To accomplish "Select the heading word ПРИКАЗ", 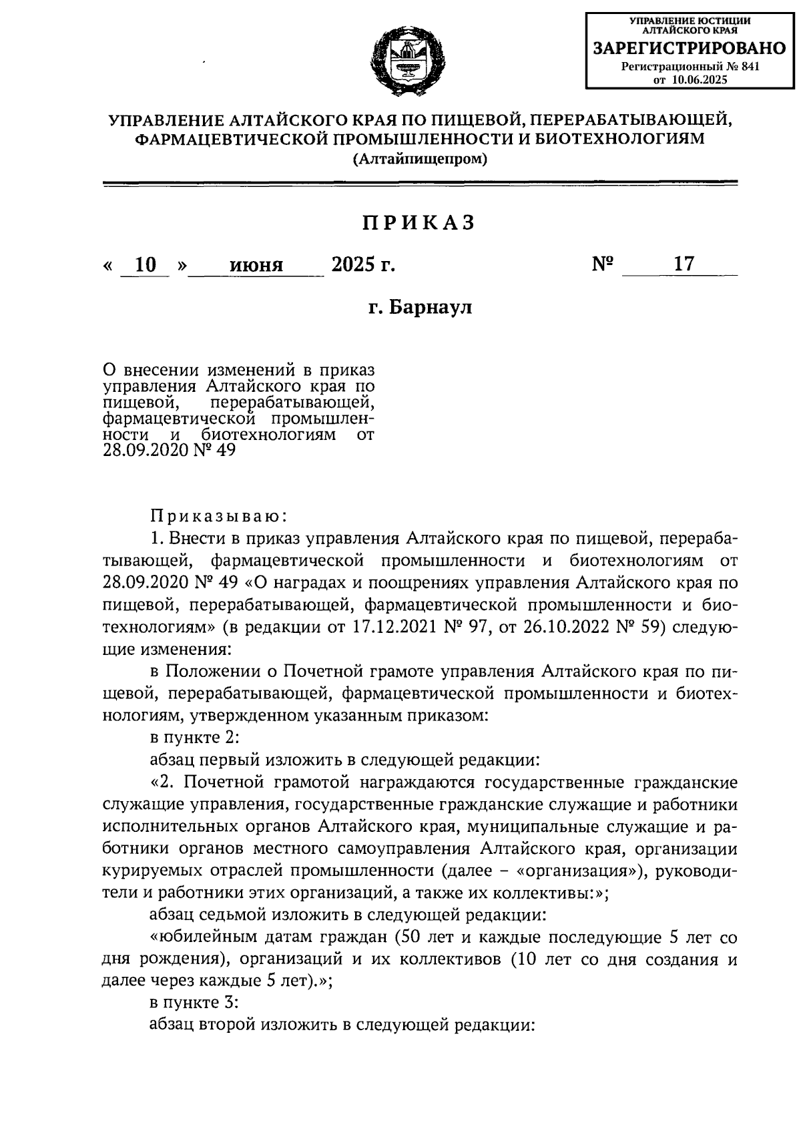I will pyautogui.click(x=419, y=223).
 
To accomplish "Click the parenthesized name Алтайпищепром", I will pyautogui.click(x=421, y=159).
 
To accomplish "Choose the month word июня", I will pyautogui.click(x=256, y=265).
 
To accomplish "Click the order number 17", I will pyautogui.click(x=684, y=264).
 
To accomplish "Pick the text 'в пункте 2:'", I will pyautogui.click(x=191, y=738).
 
